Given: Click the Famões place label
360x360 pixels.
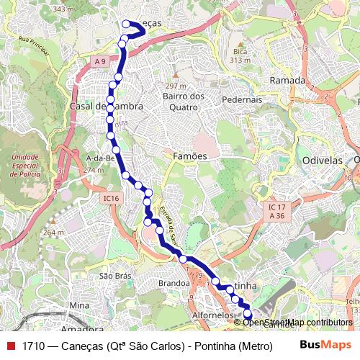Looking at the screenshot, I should (x=190, y=156).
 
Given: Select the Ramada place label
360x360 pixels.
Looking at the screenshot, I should (x=287, y=81).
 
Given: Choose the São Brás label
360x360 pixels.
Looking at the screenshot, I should (x=114, y=276).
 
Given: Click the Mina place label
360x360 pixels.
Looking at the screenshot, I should (x=78, y=305).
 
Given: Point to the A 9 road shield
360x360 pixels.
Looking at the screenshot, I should (x=99, y=63).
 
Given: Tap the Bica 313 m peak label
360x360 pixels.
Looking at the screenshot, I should (x=240, y=56).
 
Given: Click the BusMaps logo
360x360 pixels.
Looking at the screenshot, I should (x=325, y=344).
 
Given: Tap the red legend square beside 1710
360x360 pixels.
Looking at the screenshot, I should (x=11, y=345).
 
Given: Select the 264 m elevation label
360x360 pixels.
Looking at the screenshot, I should (x=52, y=233).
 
